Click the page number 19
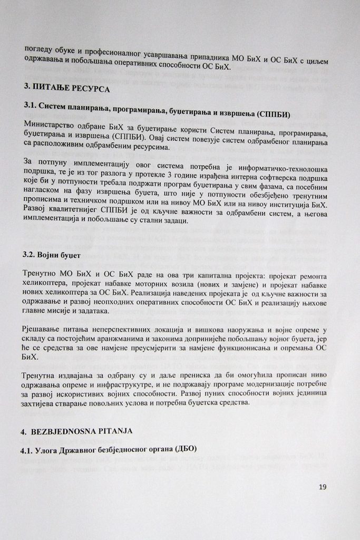tap(323, 486)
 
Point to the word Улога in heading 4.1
tap(53, 450)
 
